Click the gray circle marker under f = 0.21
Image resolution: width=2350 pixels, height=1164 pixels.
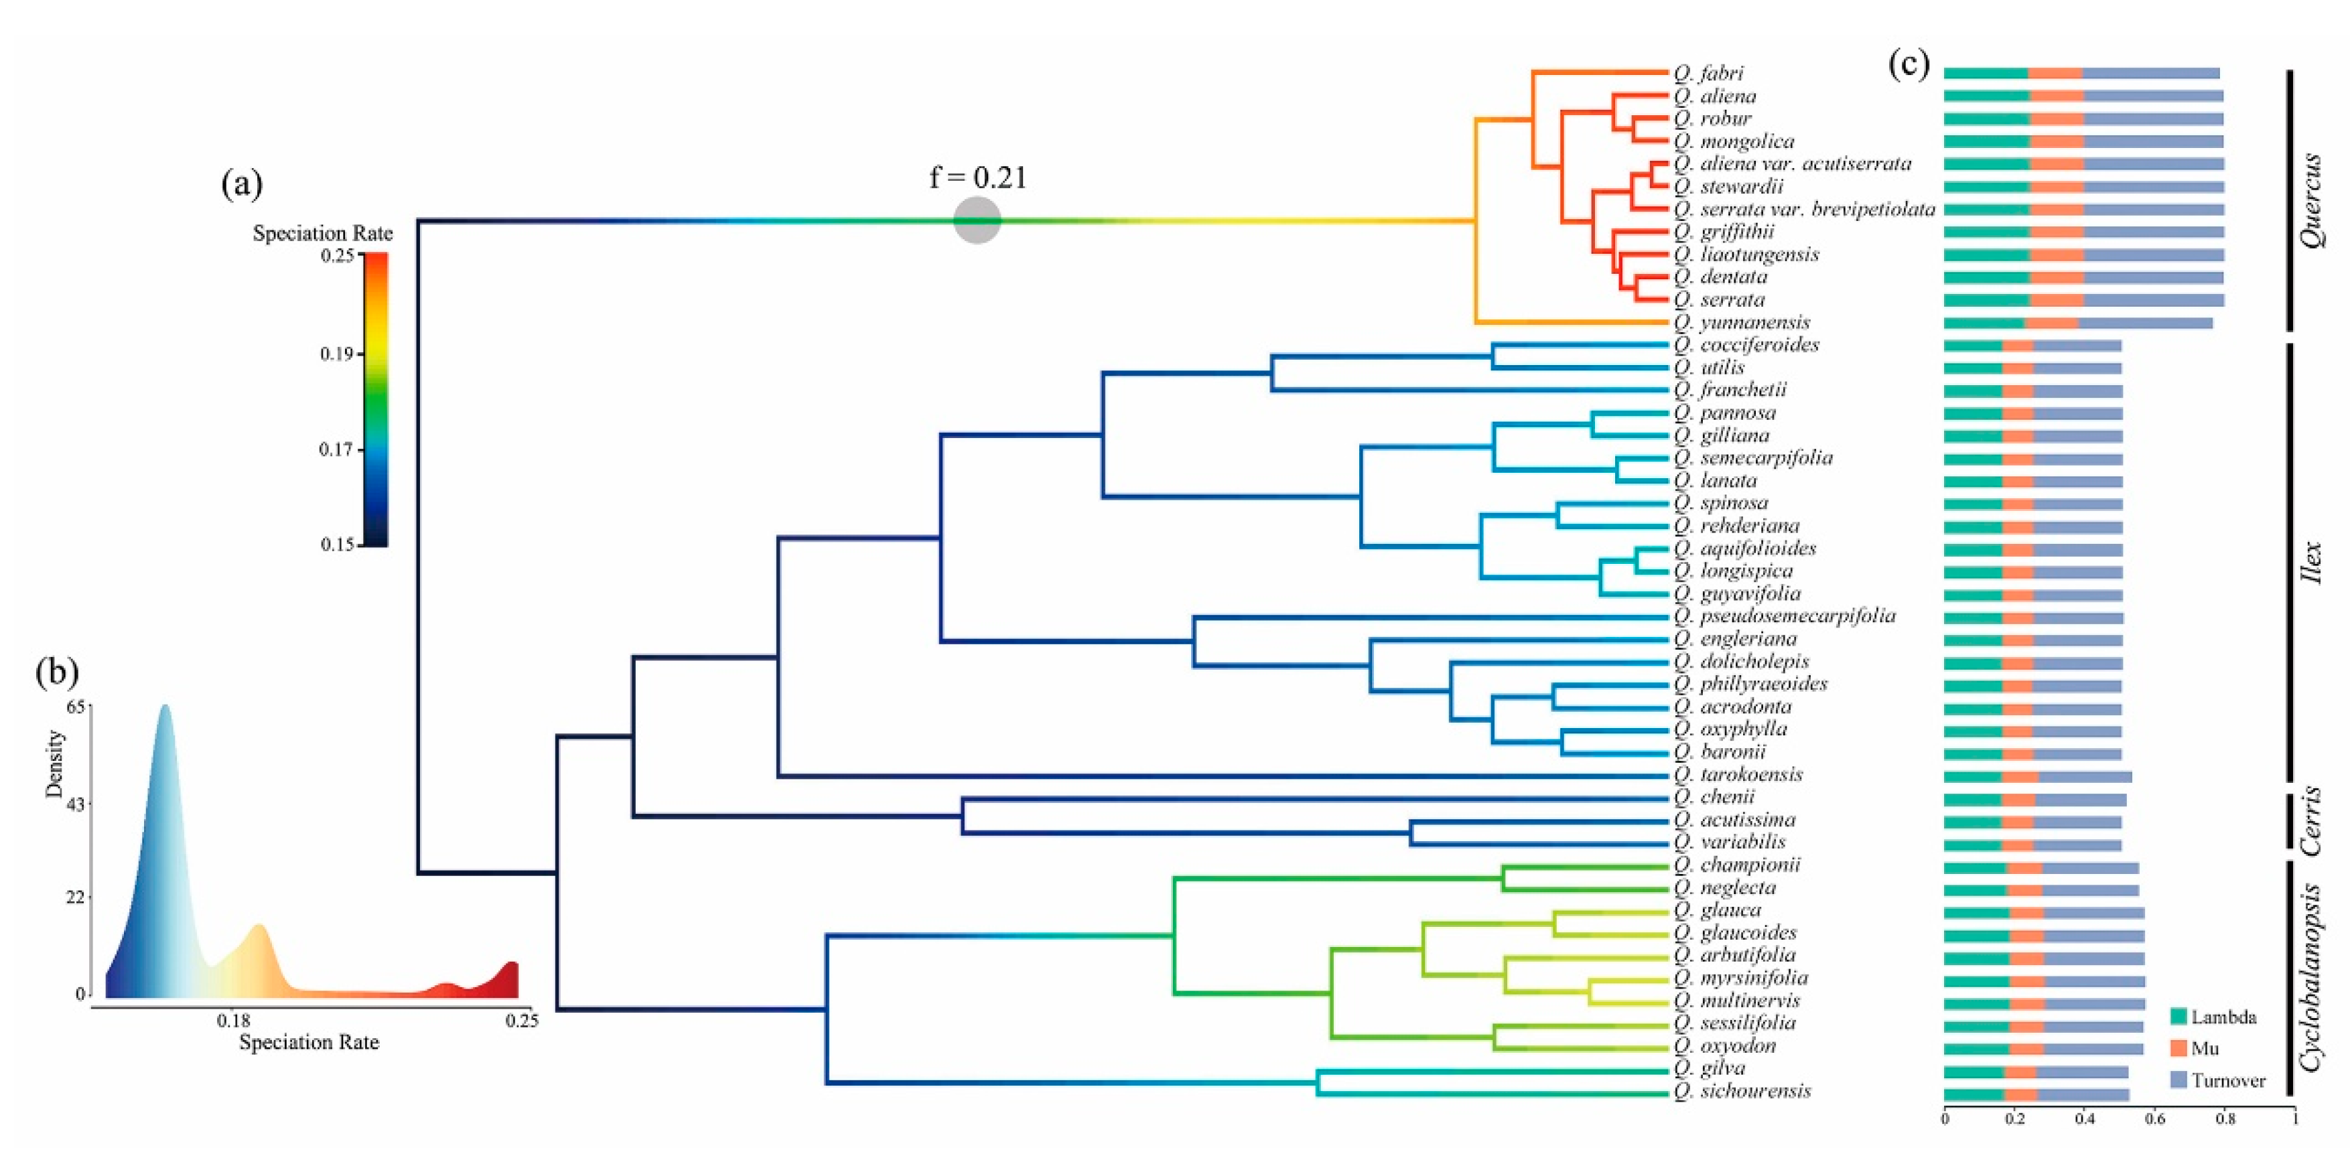(x=977, y=220)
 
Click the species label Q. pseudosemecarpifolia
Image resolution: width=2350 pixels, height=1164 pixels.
(x=1785, y=615)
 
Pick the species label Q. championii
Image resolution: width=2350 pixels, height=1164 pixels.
(x=1737, y=865)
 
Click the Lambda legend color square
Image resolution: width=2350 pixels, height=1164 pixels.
(x=2179, y=1016)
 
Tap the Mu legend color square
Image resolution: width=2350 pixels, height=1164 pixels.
(x=2179, y=1048)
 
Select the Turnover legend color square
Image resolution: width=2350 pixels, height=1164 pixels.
(x=2179, y=1080)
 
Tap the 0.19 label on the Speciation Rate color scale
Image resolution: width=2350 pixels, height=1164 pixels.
(x=337, y=354)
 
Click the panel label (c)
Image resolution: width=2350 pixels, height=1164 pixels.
(x=1909, y=65)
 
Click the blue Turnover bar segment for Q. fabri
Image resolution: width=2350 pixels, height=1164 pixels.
(x=2151, y=73)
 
